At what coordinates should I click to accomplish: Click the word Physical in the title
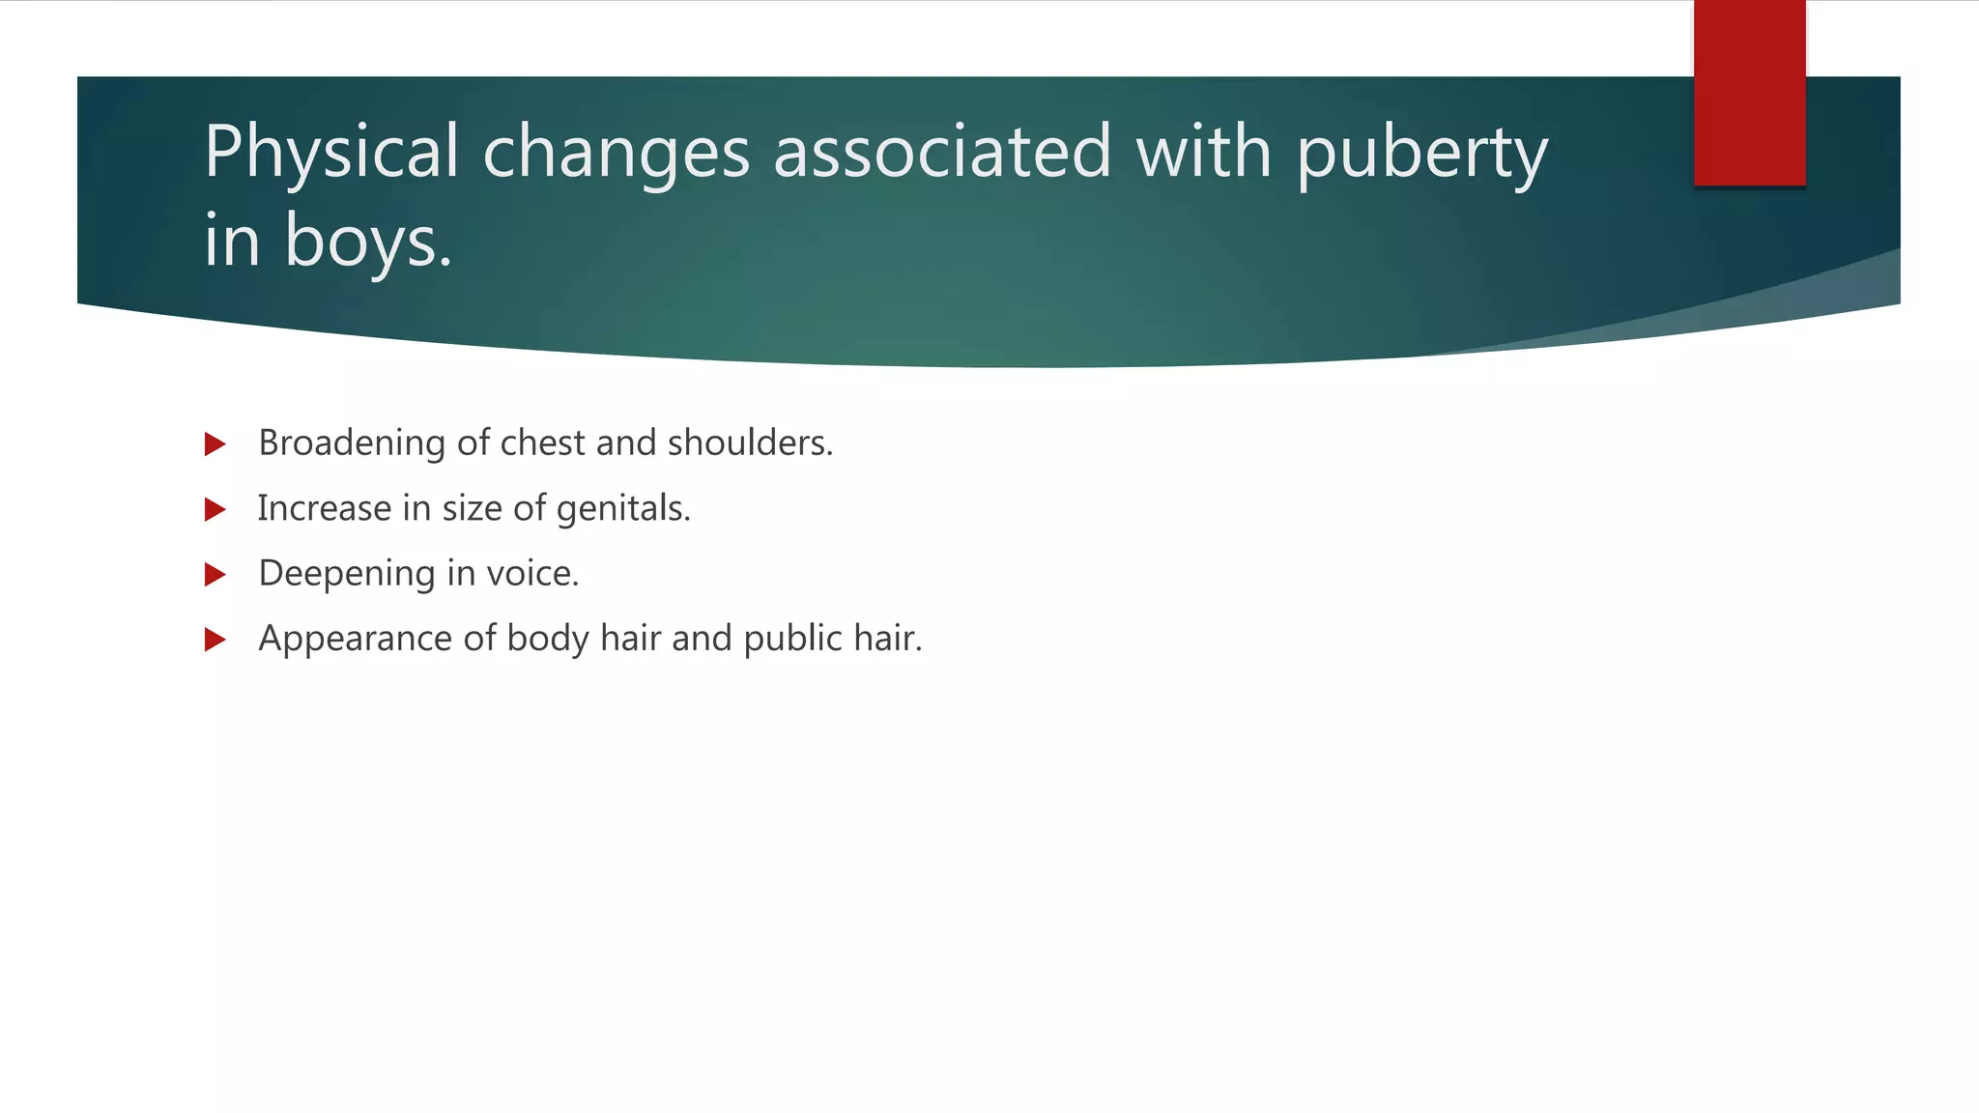[x=330, y=153]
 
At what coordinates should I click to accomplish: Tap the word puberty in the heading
[x=1421, y=153]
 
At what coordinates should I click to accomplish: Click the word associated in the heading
[x=942, y=153]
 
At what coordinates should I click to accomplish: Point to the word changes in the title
[x=616, y=153]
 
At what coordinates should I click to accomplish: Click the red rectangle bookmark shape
[x=1749, y=93]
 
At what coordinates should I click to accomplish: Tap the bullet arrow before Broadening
[x=215, y=444]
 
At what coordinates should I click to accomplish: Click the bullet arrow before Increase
[x=215, y=509]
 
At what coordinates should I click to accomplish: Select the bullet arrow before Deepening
[x=215, y=575]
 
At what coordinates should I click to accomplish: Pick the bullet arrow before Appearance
[x=215, y=640]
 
